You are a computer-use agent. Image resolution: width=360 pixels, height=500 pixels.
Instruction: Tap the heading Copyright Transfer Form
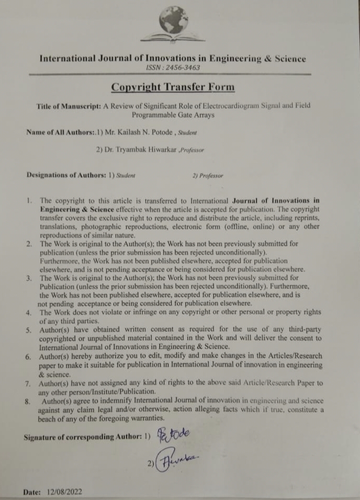point(173,87)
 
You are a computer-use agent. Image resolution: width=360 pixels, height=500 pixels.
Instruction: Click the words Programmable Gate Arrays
point(173,115)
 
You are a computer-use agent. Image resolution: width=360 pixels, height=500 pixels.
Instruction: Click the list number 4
point(29,312)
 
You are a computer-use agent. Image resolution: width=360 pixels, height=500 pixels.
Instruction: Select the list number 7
point(29,383)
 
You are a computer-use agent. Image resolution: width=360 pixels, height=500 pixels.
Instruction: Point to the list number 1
point(29,200)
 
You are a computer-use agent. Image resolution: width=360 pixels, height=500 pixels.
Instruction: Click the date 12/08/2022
point(64,492)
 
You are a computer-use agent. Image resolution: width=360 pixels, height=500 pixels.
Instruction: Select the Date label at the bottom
point(32,492)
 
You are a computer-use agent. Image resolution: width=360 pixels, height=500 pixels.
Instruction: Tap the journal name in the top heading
point(172,59)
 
